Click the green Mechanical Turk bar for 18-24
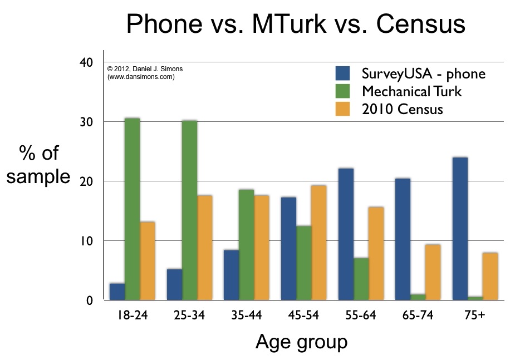tap(132, 209)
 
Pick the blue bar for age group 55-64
tap(345, 234)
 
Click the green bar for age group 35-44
tap(246, 245)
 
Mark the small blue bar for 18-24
tap(117, 292)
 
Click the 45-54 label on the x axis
tap(303, 316)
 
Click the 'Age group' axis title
tap(301, 342)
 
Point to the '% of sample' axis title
tap(38, 165)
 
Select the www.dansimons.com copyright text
tap(141, 77)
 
